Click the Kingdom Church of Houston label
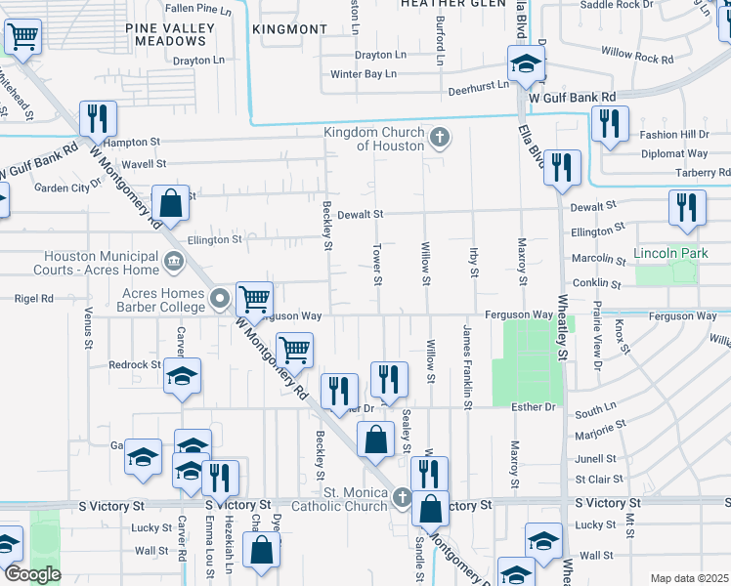pos(374,139)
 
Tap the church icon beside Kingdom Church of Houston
pos(439,137)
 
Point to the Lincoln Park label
pos(669,253)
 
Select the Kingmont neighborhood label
pos(289,29)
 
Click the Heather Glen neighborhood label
pos(439,4)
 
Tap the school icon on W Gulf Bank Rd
pos(526,65)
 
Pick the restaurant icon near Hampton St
pos(98,119)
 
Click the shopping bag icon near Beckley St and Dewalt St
pos(170,205)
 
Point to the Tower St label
pos(376,266)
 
